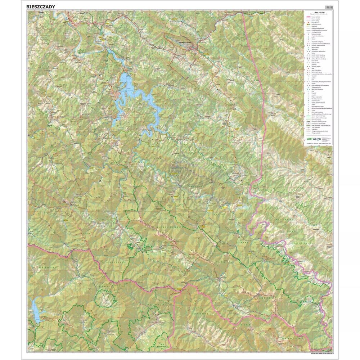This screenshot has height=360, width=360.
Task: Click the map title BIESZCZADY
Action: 41,6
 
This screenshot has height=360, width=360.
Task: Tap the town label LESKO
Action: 75,16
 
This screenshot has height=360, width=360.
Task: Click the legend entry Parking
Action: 314,37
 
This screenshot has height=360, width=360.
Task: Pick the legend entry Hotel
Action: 314,40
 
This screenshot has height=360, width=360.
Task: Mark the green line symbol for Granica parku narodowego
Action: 309,116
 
